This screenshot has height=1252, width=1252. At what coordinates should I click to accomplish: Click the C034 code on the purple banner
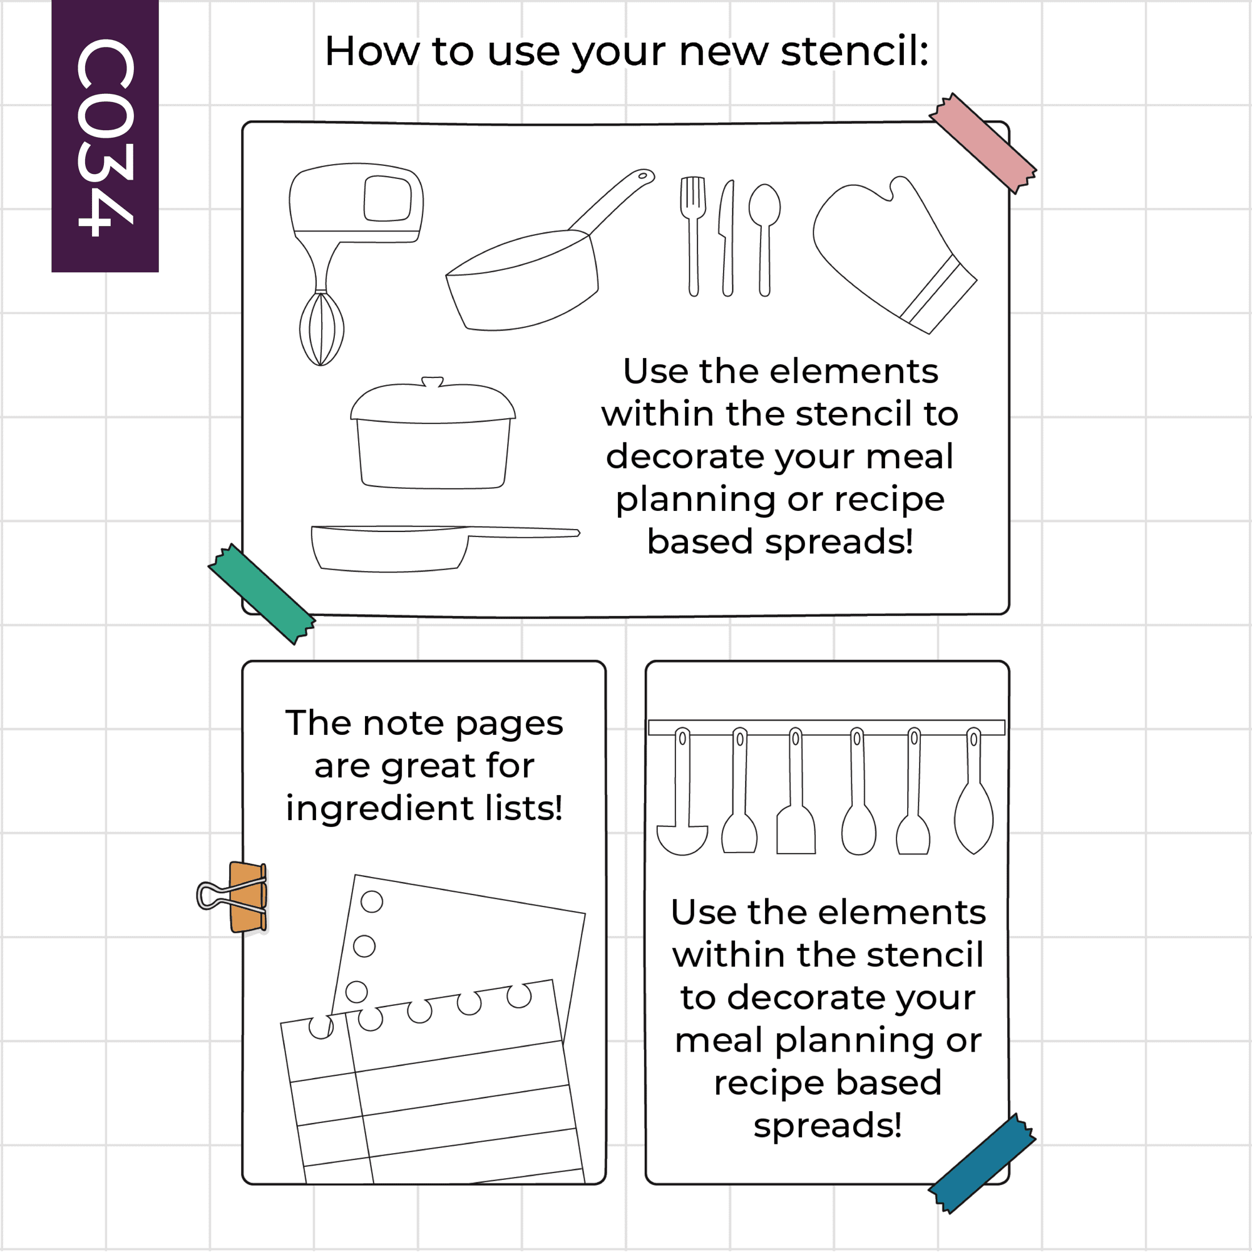pos(106,136)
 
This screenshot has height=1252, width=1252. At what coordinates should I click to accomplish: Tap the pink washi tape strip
pos(982,143)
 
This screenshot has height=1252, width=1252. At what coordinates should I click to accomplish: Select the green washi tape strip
pos(262,594)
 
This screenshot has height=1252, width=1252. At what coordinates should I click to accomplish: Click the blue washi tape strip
pos(982,1163)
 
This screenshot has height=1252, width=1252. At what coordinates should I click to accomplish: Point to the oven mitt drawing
pos(895,254)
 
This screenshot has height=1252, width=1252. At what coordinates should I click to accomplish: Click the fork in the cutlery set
pos(693,236)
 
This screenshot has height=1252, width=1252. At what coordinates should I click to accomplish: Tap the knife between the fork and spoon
pos(727,238)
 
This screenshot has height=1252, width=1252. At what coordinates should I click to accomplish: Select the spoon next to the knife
pos(765,240)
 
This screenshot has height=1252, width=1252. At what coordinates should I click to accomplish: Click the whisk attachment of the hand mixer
pos(321,329)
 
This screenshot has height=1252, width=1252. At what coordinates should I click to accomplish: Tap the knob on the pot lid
pos(432,382)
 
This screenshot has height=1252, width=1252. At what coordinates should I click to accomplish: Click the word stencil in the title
pos(854,51)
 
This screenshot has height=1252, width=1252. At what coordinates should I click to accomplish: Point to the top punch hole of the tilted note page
pos(372,901)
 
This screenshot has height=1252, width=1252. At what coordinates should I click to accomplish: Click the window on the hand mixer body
pos(387,198)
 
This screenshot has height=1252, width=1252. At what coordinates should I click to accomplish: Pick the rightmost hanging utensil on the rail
pos(974,791)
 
